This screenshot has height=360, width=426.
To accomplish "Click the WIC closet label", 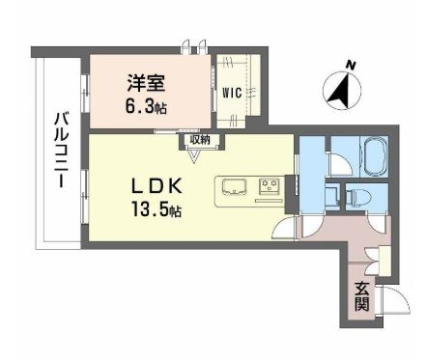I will (233, 94).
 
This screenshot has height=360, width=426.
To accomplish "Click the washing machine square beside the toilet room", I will (333, 194).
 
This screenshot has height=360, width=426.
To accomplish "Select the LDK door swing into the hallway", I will (288, 229).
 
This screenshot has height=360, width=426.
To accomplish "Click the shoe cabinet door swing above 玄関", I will (370, 256).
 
